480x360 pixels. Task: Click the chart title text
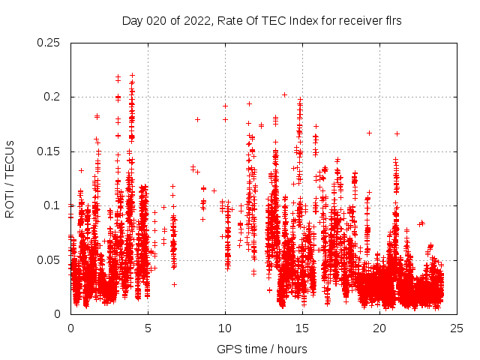pos(262,21)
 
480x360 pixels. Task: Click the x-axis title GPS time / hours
pos(262,349)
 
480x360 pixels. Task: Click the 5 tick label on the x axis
pos(148,328)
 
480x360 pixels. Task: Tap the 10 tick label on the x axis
pos(225,328)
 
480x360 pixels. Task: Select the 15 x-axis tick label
pos(302,328)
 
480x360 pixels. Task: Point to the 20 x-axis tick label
pos(379,328)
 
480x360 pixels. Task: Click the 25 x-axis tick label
pos(457,328)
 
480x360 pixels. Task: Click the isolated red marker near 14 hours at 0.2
pos(285,94)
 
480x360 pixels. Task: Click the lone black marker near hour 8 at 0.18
pos(198,119)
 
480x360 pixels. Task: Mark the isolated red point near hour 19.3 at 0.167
pos(369,133)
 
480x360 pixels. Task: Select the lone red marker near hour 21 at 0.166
pos(397,133)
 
